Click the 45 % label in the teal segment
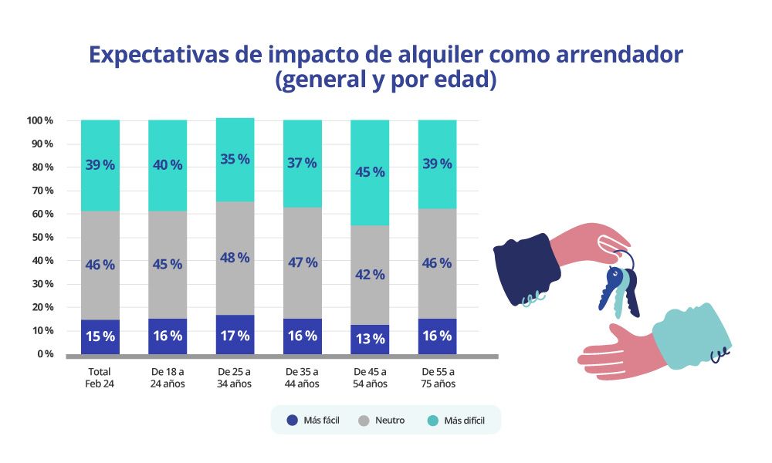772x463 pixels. tap(370, 172)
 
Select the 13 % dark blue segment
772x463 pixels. tap(370, 340)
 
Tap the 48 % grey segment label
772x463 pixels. tap(235, 258)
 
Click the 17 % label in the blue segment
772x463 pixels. tap(235, 336)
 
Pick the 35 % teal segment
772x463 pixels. tap(235, 159)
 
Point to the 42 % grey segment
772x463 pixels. tap(370, 275)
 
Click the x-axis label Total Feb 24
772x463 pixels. tap(100, 377)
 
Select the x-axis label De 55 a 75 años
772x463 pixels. tap(437, 377)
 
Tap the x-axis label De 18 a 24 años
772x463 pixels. tap(168, 377)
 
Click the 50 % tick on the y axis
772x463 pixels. tap(39, 238)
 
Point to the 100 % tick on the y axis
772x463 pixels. tap(39, 121)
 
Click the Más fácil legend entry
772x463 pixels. tap(313, 421)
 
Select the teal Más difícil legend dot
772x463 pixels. tap(432, 421)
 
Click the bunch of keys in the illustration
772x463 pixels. tap(620, 289)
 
